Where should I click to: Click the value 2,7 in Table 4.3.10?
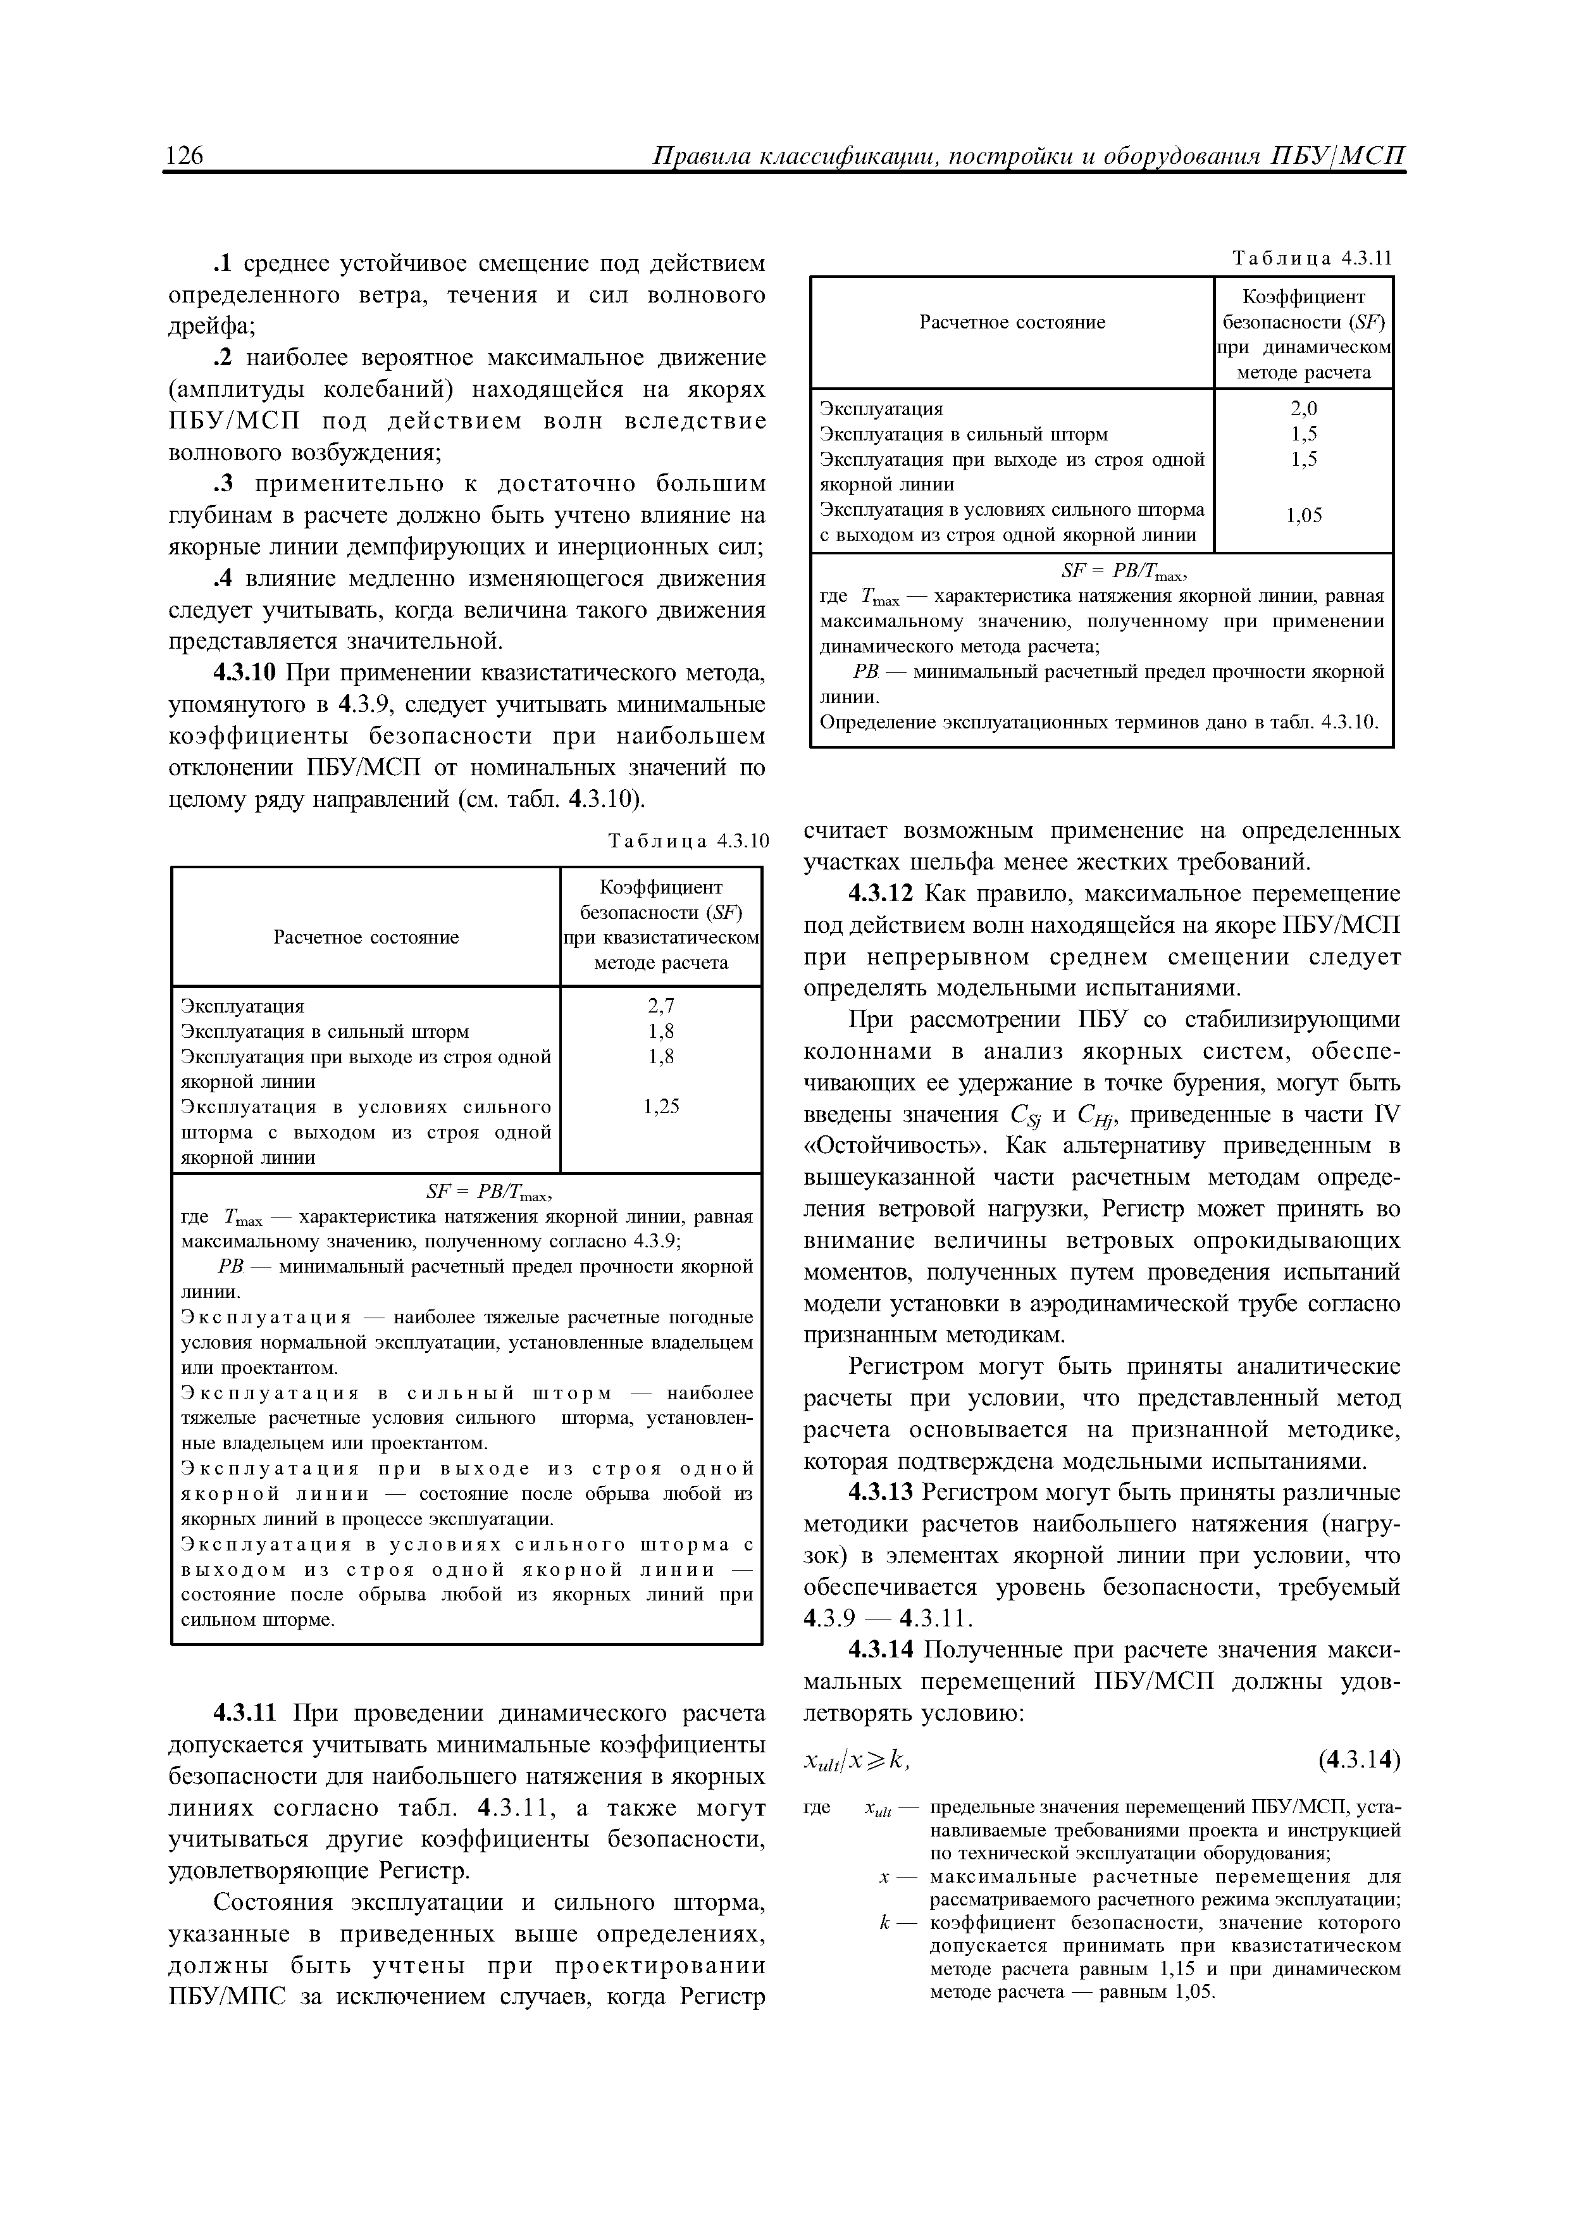tap(661, 1007)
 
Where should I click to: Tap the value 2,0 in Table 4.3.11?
tap(1303, 409)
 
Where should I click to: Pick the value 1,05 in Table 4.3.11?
tap(1303, 516)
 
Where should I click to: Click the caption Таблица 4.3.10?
tap(687, 841)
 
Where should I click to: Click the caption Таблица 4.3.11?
tap(1312, 258)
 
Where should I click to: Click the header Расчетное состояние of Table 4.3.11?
tap(1011, 322)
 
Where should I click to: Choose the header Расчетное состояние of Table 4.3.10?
tap(366, 937)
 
